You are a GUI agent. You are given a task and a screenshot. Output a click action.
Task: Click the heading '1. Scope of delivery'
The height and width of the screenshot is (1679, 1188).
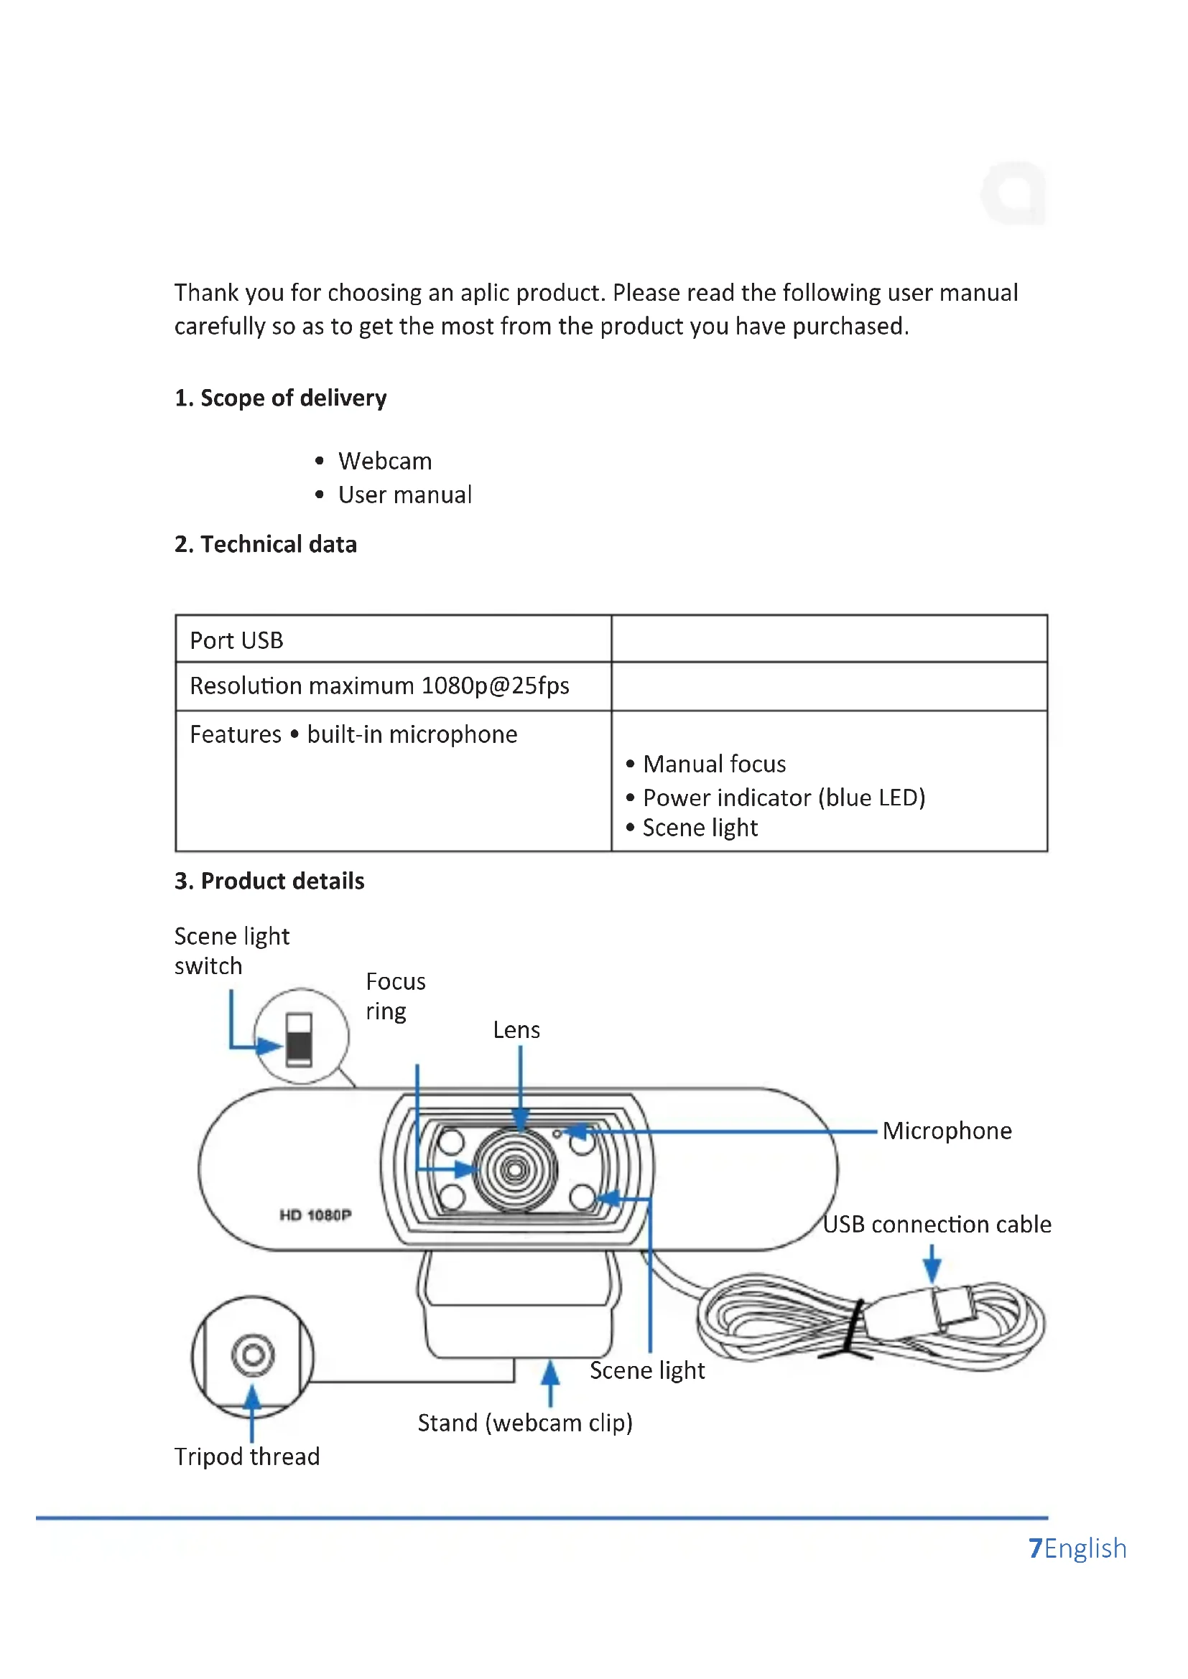pyautogui.click(x=280, y=398)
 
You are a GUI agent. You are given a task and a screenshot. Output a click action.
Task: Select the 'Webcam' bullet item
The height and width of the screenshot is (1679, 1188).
pyautogui.click(x=385, y=462)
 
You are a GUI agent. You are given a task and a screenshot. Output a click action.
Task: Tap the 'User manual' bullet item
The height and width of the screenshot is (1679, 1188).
pyautogui.click(x=404, y=495)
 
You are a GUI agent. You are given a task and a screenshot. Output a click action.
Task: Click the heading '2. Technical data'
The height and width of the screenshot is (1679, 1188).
pyautogui.click(x=266, y=544)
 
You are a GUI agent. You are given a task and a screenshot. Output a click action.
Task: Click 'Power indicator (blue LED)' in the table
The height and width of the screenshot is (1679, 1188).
pyautogui.click(x=784, y=797)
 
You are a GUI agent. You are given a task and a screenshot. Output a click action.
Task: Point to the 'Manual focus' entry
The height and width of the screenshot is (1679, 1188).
pyautogui.click(x=714, y=764)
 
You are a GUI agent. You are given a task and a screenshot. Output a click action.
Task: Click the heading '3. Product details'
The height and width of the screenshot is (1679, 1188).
pyautogui.click(x=269, y=881)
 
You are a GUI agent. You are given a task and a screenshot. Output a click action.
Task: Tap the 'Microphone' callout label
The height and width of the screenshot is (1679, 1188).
pyautogui.click(x=947, y=1131)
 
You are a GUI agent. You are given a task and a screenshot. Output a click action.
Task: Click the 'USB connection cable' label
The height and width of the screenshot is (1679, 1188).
pyautogui.click(x=937, y=1225)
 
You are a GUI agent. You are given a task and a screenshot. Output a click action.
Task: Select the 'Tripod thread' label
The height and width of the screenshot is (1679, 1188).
pyautogui.click(x=247, y=1456)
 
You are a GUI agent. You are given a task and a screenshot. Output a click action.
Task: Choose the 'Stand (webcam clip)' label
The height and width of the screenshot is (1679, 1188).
pyautogui.click(x=524, y=1423)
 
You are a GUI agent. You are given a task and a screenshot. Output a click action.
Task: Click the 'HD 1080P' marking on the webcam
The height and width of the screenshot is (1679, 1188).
pyautogui.click(x=315, y=1215)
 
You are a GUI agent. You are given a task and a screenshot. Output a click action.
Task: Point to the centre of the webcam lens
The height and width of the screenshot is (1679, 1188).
pyautogui.click(x=515, y=1170)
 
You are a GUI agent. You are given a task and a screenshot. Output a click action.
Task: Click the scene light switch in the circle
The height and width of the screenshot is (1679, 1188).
pyautogui.click(x=300, y=1039)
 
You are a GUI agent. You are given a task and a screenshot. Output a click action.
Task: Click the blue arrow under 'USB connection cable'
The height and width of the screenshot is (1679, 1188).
pyautogui.click(x=932, y=1262)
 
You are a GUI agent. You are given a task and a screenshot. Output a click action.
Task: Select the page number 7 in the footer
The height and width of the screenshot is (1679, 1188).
pyautogui.click(x=1035, y=1548)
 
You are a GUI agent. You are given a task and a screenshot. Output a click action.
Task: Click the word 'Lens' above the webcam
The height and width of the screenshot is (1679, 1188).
pyautogui.click(x=516, y=1030)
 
